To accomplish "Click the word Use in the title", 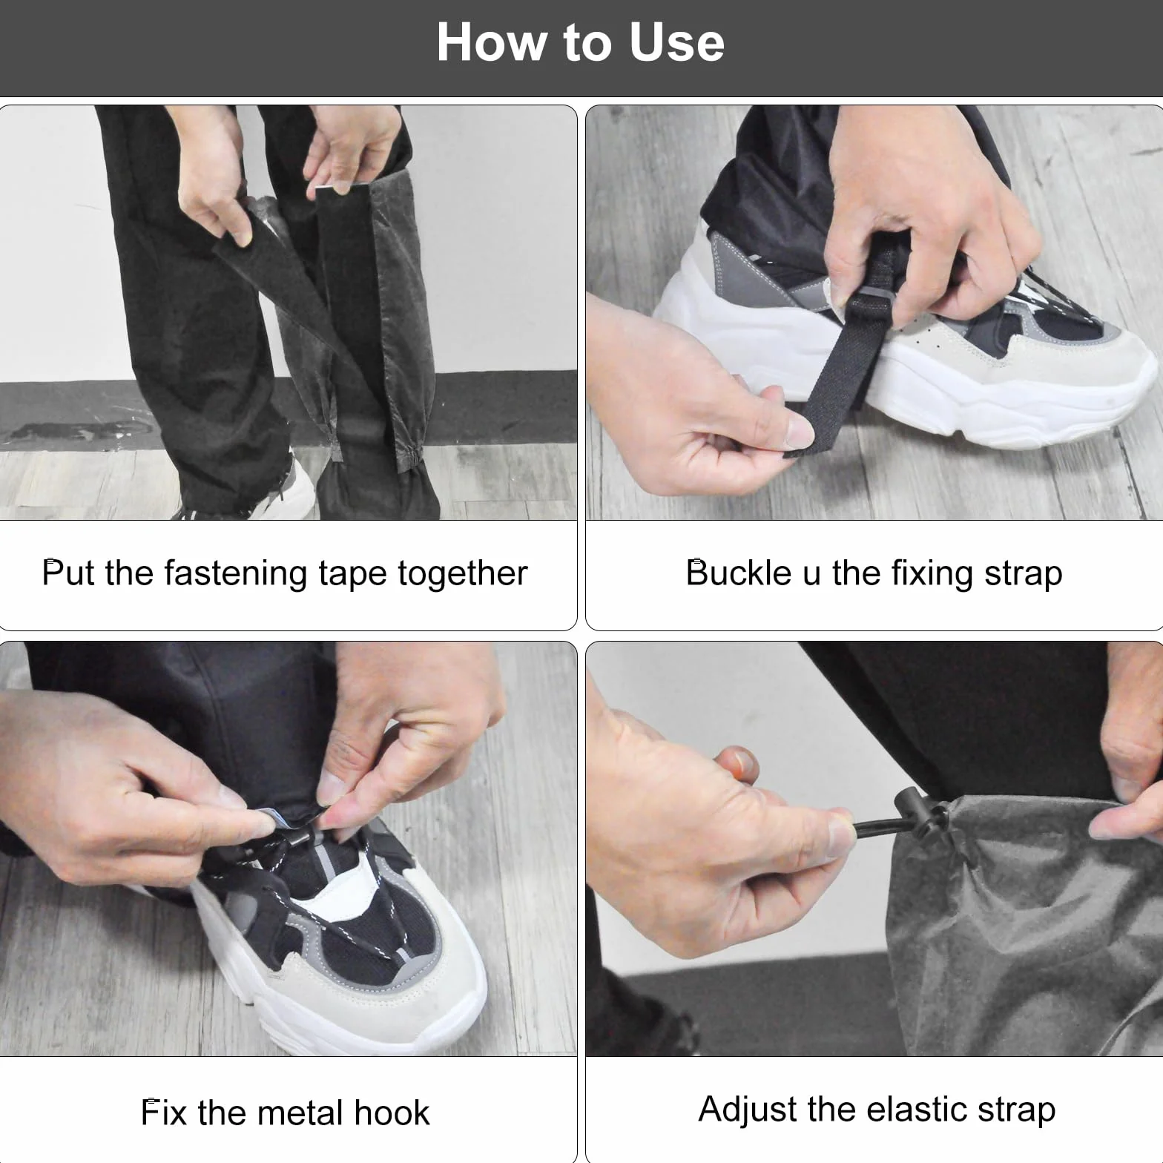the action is click(676, 42).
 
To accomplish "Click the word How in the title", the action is click(491, 42).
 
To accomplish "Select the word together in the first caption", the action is click(463, 574).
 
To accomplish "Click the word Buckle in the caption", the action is click(739, 573).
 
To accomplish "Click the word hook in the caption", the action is click(392, 1113).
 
